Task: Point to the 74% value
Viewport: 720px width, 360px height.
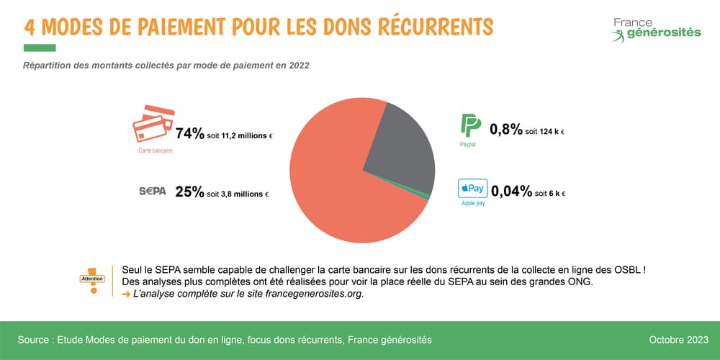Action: (x=190, y=134)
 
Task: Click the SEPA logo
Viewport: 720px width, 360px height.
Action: (x=152, y=192)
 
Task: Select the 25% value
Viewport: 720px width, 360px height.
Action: (x=190, y=192)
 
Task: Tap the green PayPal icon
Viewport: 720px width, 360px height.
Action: (x=470, y=125)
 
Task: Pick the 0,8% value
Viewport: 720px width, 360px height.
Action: (x=505, y=130)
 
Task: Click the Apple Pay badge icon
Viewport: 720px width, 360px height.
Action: (x=473, y=189)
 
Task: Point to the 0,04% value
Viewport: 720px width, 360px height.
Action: (x=510, y=192)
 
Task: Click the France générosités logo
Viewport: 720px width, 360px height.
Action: (x=655, y=29)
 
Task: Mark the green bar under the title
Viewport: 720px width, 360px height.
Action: (x=40, y=48)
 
